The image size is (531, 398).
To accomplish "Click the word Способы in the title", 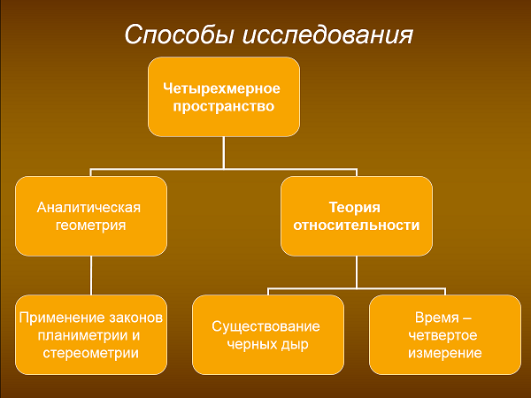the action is click(x=180, y=34).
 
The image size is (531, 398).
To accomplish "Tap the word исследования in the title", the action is click(x=327, y=34).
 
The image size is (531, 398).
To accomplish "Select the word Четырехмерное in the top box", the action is click(x=221, y=88).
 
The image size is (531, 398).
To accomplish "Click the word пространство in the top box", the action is click(x=224, y=106).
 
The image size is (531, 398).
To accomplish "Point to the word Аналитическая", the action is click(x=88, y=208).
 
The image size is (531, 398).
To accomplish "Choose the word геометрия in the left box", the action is click(x=90, y=226).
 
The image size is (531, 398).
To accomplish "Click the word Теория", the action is click(x=355, y=208).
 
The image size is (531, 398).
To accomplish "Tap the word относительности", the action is click(x=357, y=226).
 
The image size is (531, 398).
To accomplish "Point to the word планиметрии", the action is click(x=79, y=335).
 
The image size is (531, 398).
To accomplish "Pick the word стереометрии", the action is click(x=91, y=353).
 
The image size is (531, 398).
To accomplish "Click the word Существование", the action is click(x=265, y=326).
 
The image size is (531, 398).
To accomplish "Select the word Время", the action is click(x=437, y=318).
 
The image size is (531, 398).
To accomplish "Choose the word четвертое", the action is click(x=442, y=335).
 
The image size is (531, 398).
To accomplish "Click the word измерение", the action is click(x=445, y=353).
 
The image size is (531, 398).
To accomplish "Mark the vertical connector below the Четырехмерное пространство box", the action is click(x=224, y=153).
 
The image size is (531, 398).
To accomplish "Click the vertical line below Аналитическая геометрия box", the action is click(x=91, y=275).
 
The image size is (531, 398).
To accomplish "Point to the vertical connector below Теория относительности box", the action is click(x=357, y=272).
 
